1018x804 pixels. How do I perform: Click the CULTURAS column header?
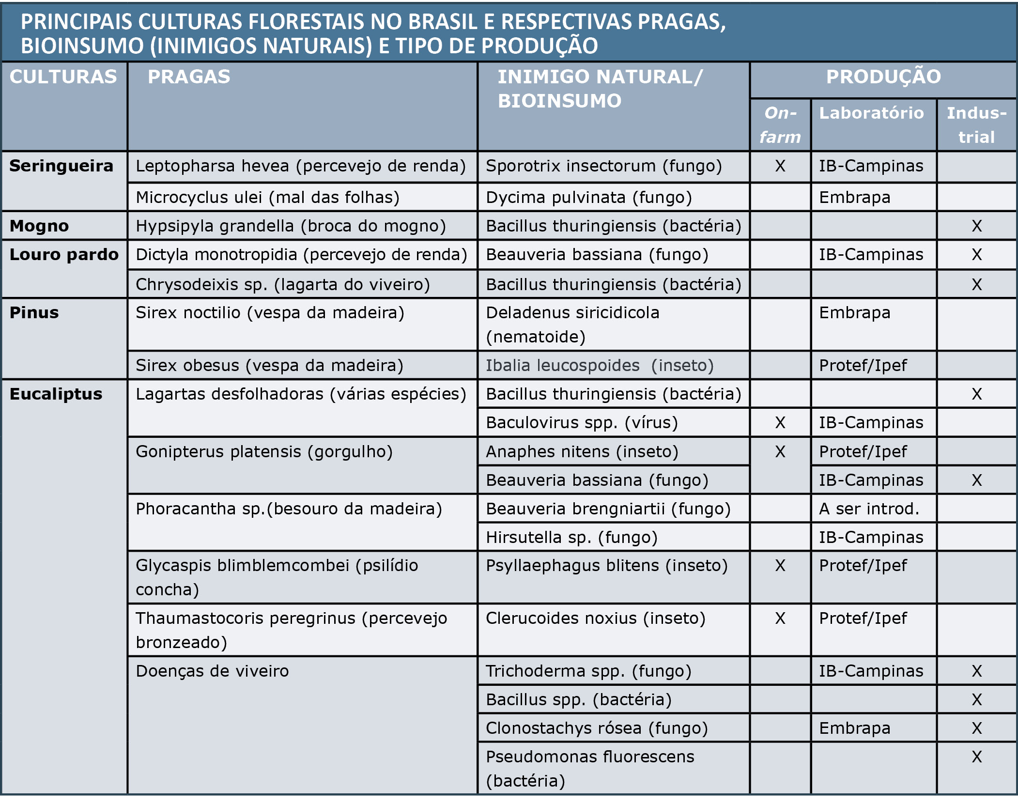[x=63, y=77]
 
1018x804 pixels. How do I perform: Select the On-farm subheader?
[x=780, y=125]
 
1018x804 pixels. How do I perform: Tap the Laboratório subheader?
[x=871, y=113]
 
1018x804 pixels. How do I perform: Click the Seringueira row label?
[x=61, y=166]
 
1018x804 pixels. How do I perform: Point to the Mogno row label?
[x=39, y=226]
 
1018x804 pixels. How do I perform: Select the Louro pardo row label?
[x=64, y=255]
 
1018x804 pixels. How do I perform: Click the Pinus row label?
[x=34, y=313]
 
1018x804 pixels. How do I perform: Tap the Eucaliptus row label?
[x=56, y=394]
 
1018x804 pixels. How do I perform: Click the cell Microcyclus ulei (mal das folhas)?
[x=267, y=198]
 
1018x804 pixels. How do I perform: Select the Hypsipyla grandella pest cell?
[x=291, y=226]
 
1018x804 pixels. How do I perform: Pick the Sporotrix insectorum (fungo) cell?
[x=603, y=166]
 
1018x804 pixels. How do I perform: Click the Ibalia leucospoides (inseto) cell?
[x=600, y=366]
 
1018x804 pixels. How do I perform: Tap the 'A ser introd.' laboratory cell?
[x=869, y=509]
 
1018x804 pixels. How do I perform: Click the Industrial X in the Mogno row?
[x=976, y=226]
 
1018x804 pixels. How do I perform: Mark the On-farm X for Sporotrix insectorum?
[x=780, y=166]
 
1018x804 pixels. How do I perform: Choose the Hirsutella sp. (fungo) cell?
[x=571, y=538]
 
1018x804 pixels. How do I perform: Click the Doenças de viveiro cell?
[x=212, y=671]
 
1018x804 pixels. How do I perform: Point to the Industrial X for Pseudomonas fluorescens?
[x=976, y=757]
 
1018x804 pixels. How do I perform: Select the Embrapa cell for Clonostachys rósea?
[x=854, y=728]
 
